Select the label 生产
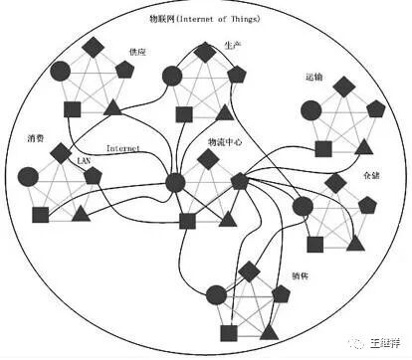click(233, 46)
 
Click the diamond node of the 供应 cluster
click(93, 47)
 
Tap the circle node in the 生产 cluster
click(173, 75)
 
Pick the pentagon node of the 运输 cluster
click(375, 106)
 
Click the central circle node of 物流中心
click(175, 182)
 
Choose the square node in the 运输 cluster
click(323, 149)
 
